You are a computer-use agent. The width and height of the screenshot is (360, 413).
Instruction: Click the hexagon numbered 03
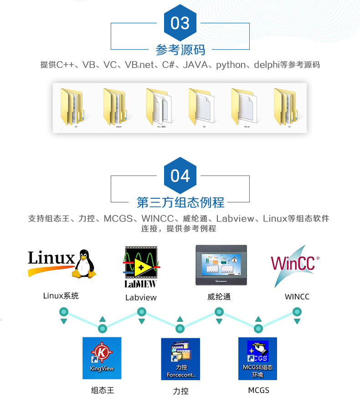(x=180, y=23)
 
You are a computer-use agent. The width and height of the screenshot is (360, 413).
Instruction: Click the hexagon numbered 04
(x=180, y=176)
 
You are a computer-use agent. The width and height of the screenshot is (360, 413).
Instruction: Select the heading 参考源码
(x=180, y=49)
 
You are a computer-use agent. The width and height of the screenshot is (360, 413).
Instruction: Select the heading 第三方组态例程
(x=180, y=202)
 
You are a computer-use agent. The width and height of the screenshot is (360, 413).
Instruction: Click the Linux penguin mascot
(x=85, y=263)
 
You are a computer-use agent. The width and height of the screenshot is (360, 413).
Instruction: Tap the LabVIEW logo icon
(x=140, y=267)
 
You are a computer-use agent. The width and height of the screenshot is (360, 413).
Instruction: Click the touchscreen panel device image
(x=221, y=265)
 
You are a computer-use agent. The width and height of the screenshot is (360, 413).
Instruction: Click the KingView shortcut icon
(x=102, y=358)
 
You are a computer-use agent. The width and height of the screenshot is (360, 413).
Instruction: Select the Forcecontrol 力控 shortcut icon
(x=180, y=358)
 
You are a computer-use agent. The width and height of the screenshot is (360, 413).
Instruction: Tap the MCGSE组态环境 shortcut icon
(x=257, y=358)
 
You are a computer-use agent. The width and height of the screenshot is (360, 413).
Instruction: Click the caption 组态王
(x=102, y=390)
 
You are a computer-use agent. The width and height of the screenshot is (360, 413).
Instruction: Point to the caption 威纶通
(x=219, y=297)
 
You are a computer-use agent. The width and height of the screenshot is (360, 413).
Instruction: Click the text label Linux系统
(x=61, y=296)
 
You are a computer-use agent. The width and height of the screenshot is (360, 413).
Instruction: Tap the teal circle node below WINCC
(x=297, y=312)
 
